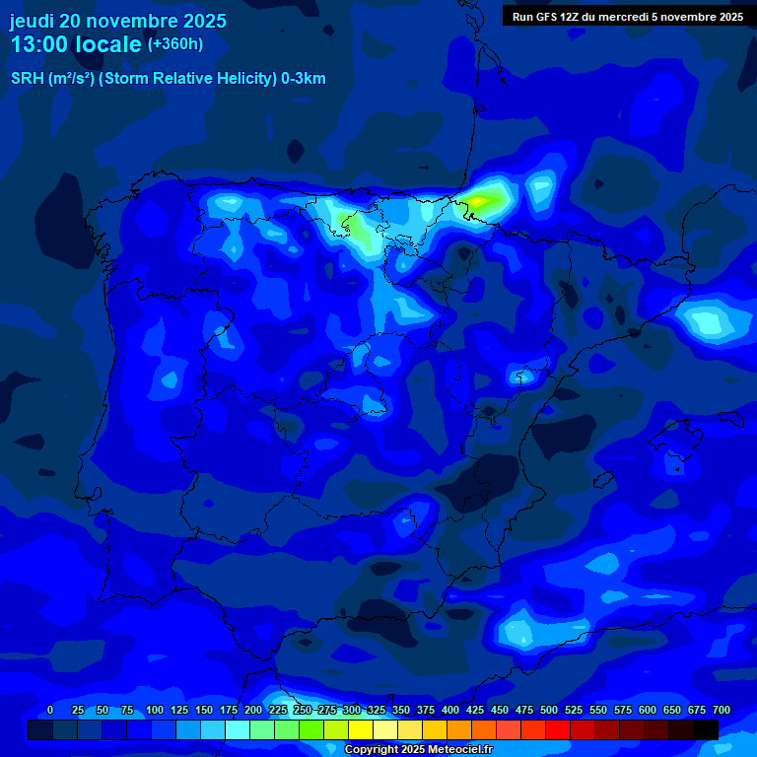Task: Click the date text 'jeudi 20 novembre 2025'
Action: click(x=118, y=21)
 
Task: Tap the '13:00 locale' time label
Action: click(x=76, y=44)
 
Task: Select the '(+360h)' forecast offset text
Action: click(x=174, y=43)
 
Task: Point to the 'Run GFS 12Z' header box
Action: click(x=628, y=16)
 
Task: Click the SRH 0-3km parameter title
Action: click(x=168, y=79)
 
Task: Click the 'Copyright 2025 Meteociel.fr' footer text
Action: click(x=418, y=750)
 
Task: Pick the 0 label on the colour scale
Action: click(x=50, y=710)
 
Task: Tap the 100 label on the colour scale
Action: click(x=155, y=710)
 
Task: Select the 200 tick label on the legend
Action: click(x=253, y=710)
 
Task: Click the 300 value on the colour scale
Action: click(x=352, y=710)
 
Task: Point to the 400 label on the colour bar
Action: click(x=450, y=710)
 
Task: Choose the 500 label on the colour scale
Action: click(x=549, y=710)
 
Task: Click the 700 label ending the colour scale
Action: click(x=722, y=710)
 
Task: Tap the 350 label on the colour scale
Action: click(x=401, y=710)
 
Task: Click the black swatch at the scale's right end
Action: click(x=706, y=729)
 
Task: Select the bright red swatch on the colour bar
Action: click(x=558, y=729)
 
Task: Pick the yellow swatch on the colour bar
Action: click(x=361, y=729)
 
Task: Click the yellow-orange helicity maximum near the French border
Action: click(x=478, y=201)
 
